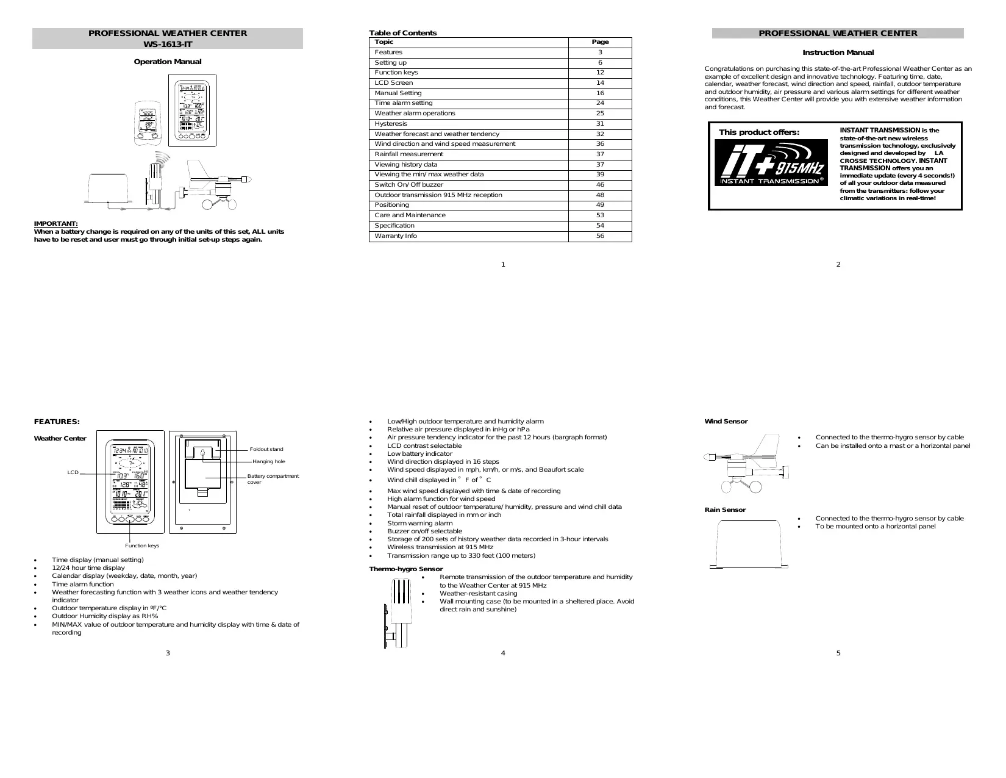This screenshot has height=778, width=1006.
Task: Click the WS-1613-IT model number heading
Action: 168,43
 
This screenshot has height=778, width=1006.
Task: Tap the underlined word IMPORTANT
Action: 55,224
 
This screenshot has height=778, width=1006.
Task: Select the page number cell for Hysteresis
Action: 600,124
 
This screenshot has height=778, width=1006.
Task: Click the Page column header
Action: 600,42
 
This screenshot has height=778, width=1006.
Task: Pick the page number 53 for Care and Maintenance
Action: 600,215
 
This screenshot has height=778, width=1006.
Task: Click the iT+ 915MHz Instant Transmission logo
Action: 771,163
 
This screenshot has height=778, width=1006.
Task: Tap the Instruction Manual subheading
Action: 838,52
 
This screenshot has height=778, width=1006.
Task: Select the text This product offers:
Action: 759,132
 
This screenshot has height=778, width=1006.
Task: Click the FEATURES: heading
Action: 57,422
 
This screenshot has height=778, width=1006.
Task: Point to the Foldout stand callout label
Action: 266,449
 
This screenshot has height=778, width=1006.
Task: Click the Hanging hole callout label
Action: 269,461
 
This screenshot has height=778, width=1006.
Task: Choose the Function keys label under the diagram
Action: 142,546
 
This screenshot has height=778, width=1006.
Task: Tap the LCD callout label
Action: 73,473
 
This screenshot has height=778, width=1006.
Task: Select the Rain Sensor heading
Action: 725,510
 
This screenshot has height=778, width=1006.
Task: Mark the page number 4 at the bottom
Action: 503,653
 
